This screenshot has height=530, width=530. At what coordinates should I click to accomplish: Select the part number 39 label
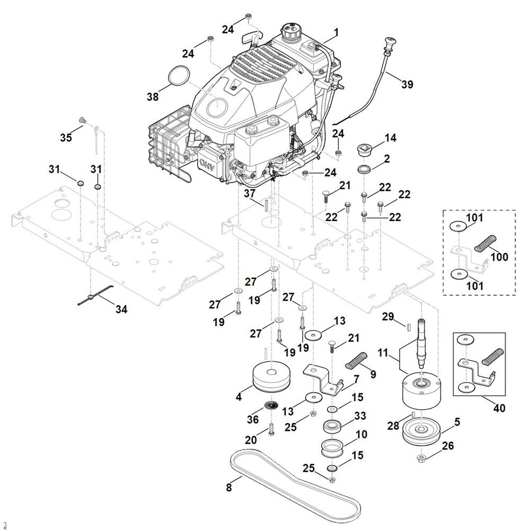pyautogui.click(x=407, y=84)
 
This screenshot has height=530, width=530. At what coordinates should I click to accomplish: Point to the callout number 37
pyautogui.click(x=250, y=194)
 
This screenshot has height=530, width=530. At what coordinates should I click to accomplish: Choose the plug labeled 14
pyautogui.click(x=364, y=150)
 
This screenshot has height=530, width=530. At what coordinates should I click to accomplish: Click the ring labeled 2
pyautogui.click(x=364, y=169)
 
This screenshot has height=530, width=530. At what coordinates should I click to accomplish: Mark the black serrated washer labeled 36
pyautogui.click(x=271, y=407)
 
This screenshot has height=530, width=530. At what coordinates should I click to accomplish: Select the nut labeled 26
pyautogui.click(x=421, y=457)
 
